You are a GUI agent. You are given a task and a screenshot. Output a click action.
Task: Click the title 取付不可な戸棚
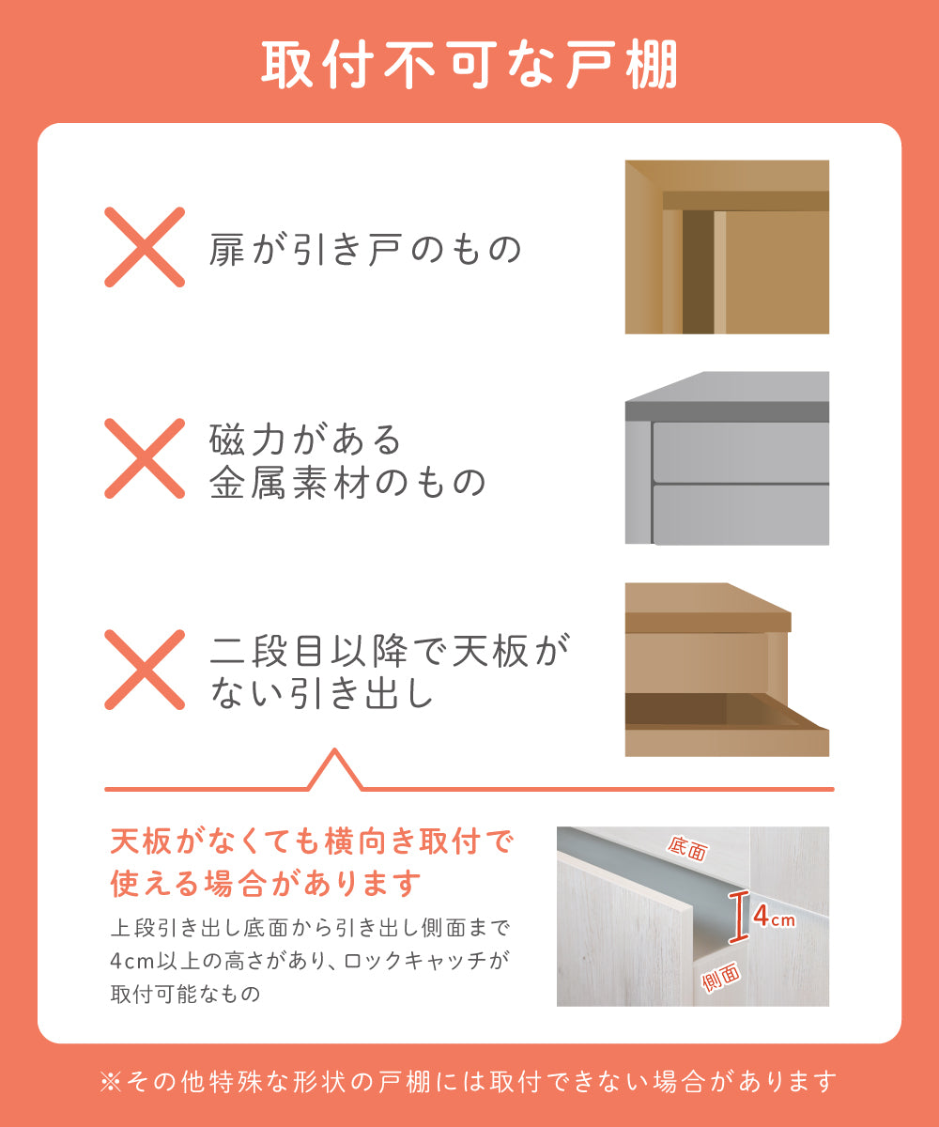point(469,66)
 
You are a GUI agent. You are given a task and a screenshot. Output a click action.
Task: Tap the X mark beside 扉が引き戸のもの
point(145,247)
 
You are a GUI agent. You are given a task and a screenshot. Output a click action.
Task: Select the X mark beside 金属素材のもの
point(145,458)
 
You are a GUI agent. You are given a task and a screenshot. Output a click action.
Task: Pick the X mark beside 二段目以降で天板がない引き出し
point(145,670)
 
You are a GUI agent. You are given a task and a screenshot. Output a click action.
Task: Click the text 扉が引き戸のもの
point(365,250)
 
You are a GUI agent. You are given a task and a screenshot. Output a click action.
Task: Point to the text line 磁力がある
point(305,440)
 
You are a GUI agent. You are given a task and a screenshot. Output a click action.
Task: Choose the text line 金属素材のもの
point(348,482)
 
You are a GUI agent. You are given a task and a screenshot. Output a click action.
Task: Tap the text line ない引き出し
point(322,693)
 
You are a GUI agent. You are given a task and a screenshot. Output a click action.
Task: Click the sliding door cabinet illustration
point(727,247)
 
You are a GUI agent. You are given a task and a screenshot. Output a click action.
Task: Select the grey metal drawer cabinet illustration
point(727,458)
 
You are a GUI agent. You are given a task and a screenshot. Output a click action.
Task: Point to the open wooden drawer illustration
point(727,670)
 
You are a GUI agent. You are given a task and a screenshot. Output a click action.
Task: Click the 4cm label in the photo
point(774,917)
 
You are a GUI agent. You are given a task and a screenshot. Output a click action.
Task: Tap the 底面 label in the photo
point(687,848)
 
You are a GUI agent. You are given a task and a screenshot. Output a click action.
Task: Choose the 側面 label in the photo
point(721,977)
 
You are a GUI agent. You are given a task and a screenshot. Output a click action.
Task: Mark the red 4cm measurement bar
point(738,918)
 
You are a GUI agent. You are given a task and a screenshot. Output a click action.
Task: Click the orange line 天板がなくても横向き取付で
point(312,841)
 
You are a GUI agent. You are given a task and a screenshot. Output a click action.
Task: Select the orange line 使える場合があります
point(266,884)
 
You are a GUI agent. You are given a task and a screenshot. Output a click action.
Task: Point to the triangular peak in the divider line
point(334,749)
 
